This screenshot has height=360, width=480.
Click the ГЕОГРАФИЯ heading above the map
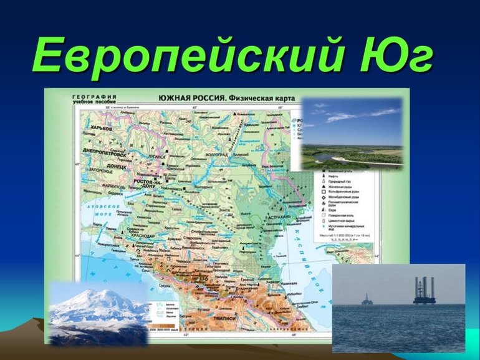click(94, 97)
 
